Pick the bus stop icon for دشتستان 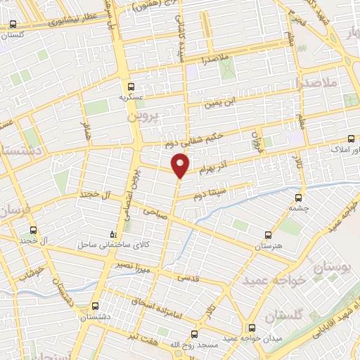(96, 306)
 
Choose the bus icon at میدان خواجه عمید (252, 327)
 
